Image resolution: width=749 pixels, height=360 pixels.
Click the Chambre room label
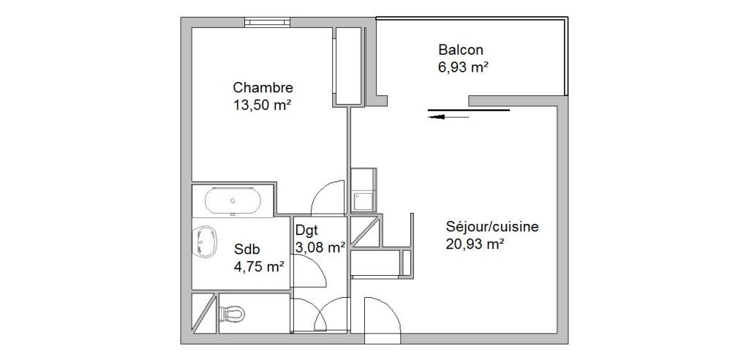263,88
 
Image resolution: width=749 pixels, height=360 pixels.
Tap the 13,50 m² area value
263,105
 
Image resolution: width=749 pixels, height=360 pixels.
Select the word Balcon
461,50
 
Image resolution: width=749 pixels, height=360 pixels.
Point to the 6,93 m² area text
463,67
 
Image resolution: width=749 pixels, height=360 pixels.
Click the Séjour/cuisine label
492,227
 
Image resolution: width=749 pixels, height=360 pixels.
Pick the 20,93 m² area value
475,244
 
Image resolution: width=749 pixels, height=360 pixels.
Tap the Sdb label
247,249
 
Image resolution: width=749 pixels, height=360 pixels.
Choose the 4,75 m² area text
260,266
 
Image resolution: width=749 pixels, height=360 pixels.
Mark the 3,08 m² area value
320,247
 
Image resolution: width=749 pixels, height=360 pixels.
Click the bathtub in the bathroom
233,201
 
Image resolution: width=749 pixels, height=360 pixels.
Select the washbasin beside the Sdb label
205,241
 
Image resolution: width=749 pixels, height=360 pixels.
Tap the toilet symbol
233,314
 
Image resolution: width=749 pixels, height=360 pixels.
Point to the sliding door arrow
449,116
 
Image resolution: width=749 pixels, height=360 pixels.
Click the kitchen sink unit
364,190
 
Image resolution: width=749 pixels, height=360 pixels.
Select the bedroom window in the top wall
268,22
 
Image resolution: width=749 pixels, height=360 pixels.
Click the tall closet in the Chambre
347,66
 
